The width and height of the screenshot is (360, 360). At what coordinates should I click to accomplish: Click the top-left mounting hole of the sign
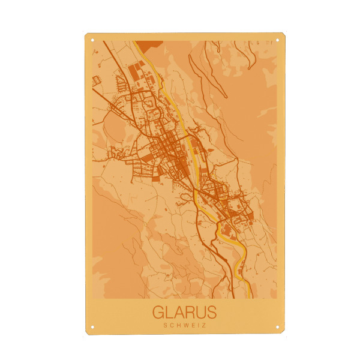pyautogui.click(x=92, y=41)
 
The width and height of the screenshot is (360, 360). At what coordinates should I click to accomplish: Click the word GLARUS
pyautogui.click(x=184, y=313)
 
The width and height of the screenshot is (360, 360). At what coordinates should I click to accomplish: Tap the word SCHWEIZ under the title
pyautogui.click(x=184, y=326)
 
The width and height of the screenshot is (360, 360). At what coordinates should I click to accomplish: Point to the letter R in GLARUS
pyautogui.click(x=190, y=313)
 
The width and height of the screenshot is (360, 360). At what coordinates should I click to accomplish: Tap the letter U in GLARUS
pyautogui.click(x=201, y=313)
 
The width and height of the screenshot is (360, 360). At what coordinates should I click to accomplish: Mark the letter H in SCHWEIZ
pyautogui.click(x=178, y=326)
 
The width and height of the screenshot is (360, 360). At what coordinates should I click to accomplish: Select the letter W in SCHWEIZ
pyautogui.click(x=185, y=326)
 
